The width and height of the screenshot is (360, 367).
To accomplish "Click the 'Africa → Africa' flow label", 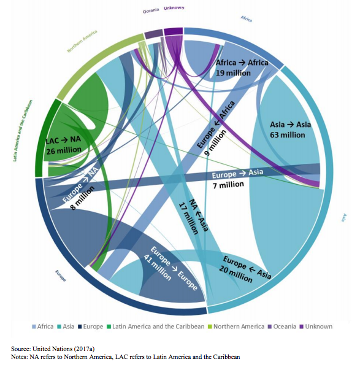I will pos(242,63).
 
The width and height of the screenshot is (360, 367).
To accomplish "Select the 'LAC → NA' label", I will pos(63,141).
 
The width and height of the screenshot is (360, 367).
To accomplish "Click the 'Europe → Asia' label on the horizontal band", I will pos(238,174).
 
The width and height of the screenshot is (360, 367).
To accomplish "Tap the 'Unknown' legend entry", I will pos(318,326).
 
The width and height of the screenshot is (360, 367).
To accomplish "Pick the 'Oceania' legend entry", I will pos(283,326).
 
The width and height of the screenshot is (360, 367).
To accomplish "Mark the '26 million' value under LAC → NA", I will pos(64,151).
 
